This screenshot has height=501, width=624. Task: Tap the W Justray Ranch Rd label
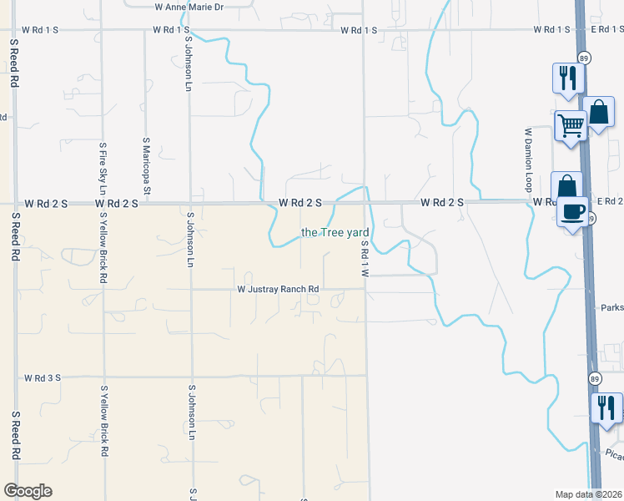279,290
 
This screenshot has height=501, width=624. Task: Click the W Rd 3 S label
43,377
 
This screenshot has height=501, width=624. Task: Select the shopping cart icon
571,126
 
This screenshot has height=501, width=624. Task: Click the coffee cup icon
573,211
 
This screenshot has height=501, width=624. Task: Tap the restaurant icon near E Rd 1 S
568,78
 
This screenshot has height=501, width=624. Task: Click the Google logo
28,491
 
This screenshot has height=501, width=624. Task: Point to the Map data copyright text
589,493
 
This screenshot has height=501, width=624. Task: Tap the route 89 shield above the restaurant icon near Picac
594,378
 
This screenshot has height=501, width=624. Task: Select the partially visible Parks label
611,307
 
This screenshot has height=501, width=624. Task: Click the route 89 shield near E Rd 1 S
585,57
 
